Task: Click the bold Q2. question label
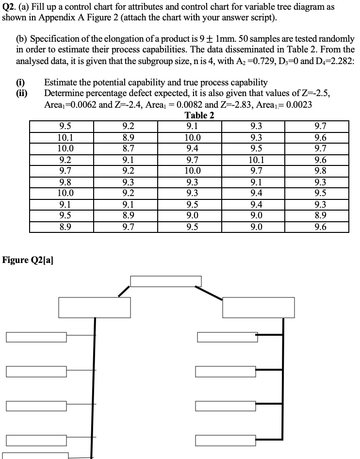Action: (10, 8)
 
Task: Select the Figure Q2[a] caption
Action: (28, 260)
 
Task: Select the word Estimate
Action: (61, 82)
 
